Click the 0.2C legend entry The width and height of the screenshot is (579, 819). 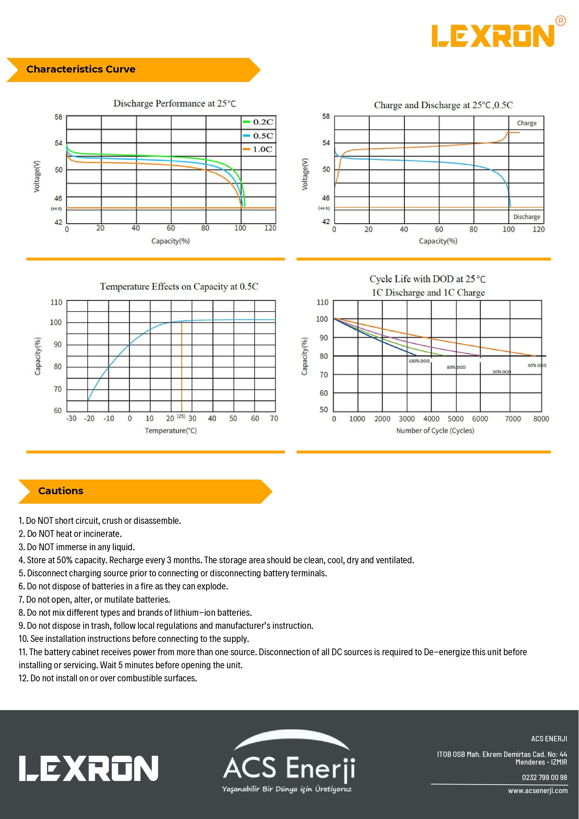pyautogui.click(x=258, y=122)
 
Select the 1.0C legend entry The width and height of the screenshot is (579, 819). pyautogui.click(x=258, y=150)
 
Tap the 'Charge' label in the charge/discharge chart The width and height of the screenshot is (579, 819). pyautogui.click(x=527, y=123)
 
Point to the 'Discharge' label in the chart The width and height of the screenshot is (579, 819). pyautogui.click(x=527, y=217)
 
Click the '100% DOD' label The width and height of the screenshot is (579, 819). pyautogui.click(x=419, y=361)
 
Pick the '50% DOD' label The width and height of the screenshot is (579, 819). pyautogui.click(x=502, y=372)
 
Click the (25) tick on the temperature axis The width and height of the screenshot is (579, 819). pyautogui.click(x=181, y=416)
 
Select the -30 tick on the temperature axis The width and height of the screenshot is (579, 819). pyautogui.click(x=71, y=418)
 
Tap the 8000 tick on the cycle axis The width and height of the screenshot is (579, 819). pyautogui.click(x=541, y=419)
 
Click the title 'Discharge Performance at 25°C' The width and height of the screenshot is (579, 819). pyautogui.click(x=175, y=103)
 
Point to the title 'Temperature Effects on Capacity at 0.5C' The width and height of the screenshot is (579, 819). pyautogui.click(x=179, y=287)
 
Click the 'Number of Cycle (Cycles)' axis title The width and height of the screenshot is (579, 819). pyautogui.click(x=435, y=430)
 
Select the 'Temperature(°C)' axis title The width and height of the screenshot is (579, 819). pyautogui.click(x=171, y=430)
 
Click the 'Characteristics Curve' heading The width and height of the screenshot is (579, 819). pyautogui.click(x=81, y=69)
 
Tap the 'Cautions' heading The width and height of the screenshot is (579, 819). pyautogui.click(x=61, y=491)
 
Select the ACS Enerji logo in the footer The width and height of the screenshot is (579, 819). pyautogui.click(x=289, y=763)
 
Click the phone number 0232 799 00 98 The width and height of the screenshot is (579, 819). pyautogui.click(x=544, y=777)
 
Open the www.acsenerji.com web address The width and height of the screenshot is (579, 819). pyautogui.click(x=538, y=791)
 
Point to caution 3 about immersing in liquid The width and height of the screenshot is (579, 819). pyautogui.click(x=77, y=547)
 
